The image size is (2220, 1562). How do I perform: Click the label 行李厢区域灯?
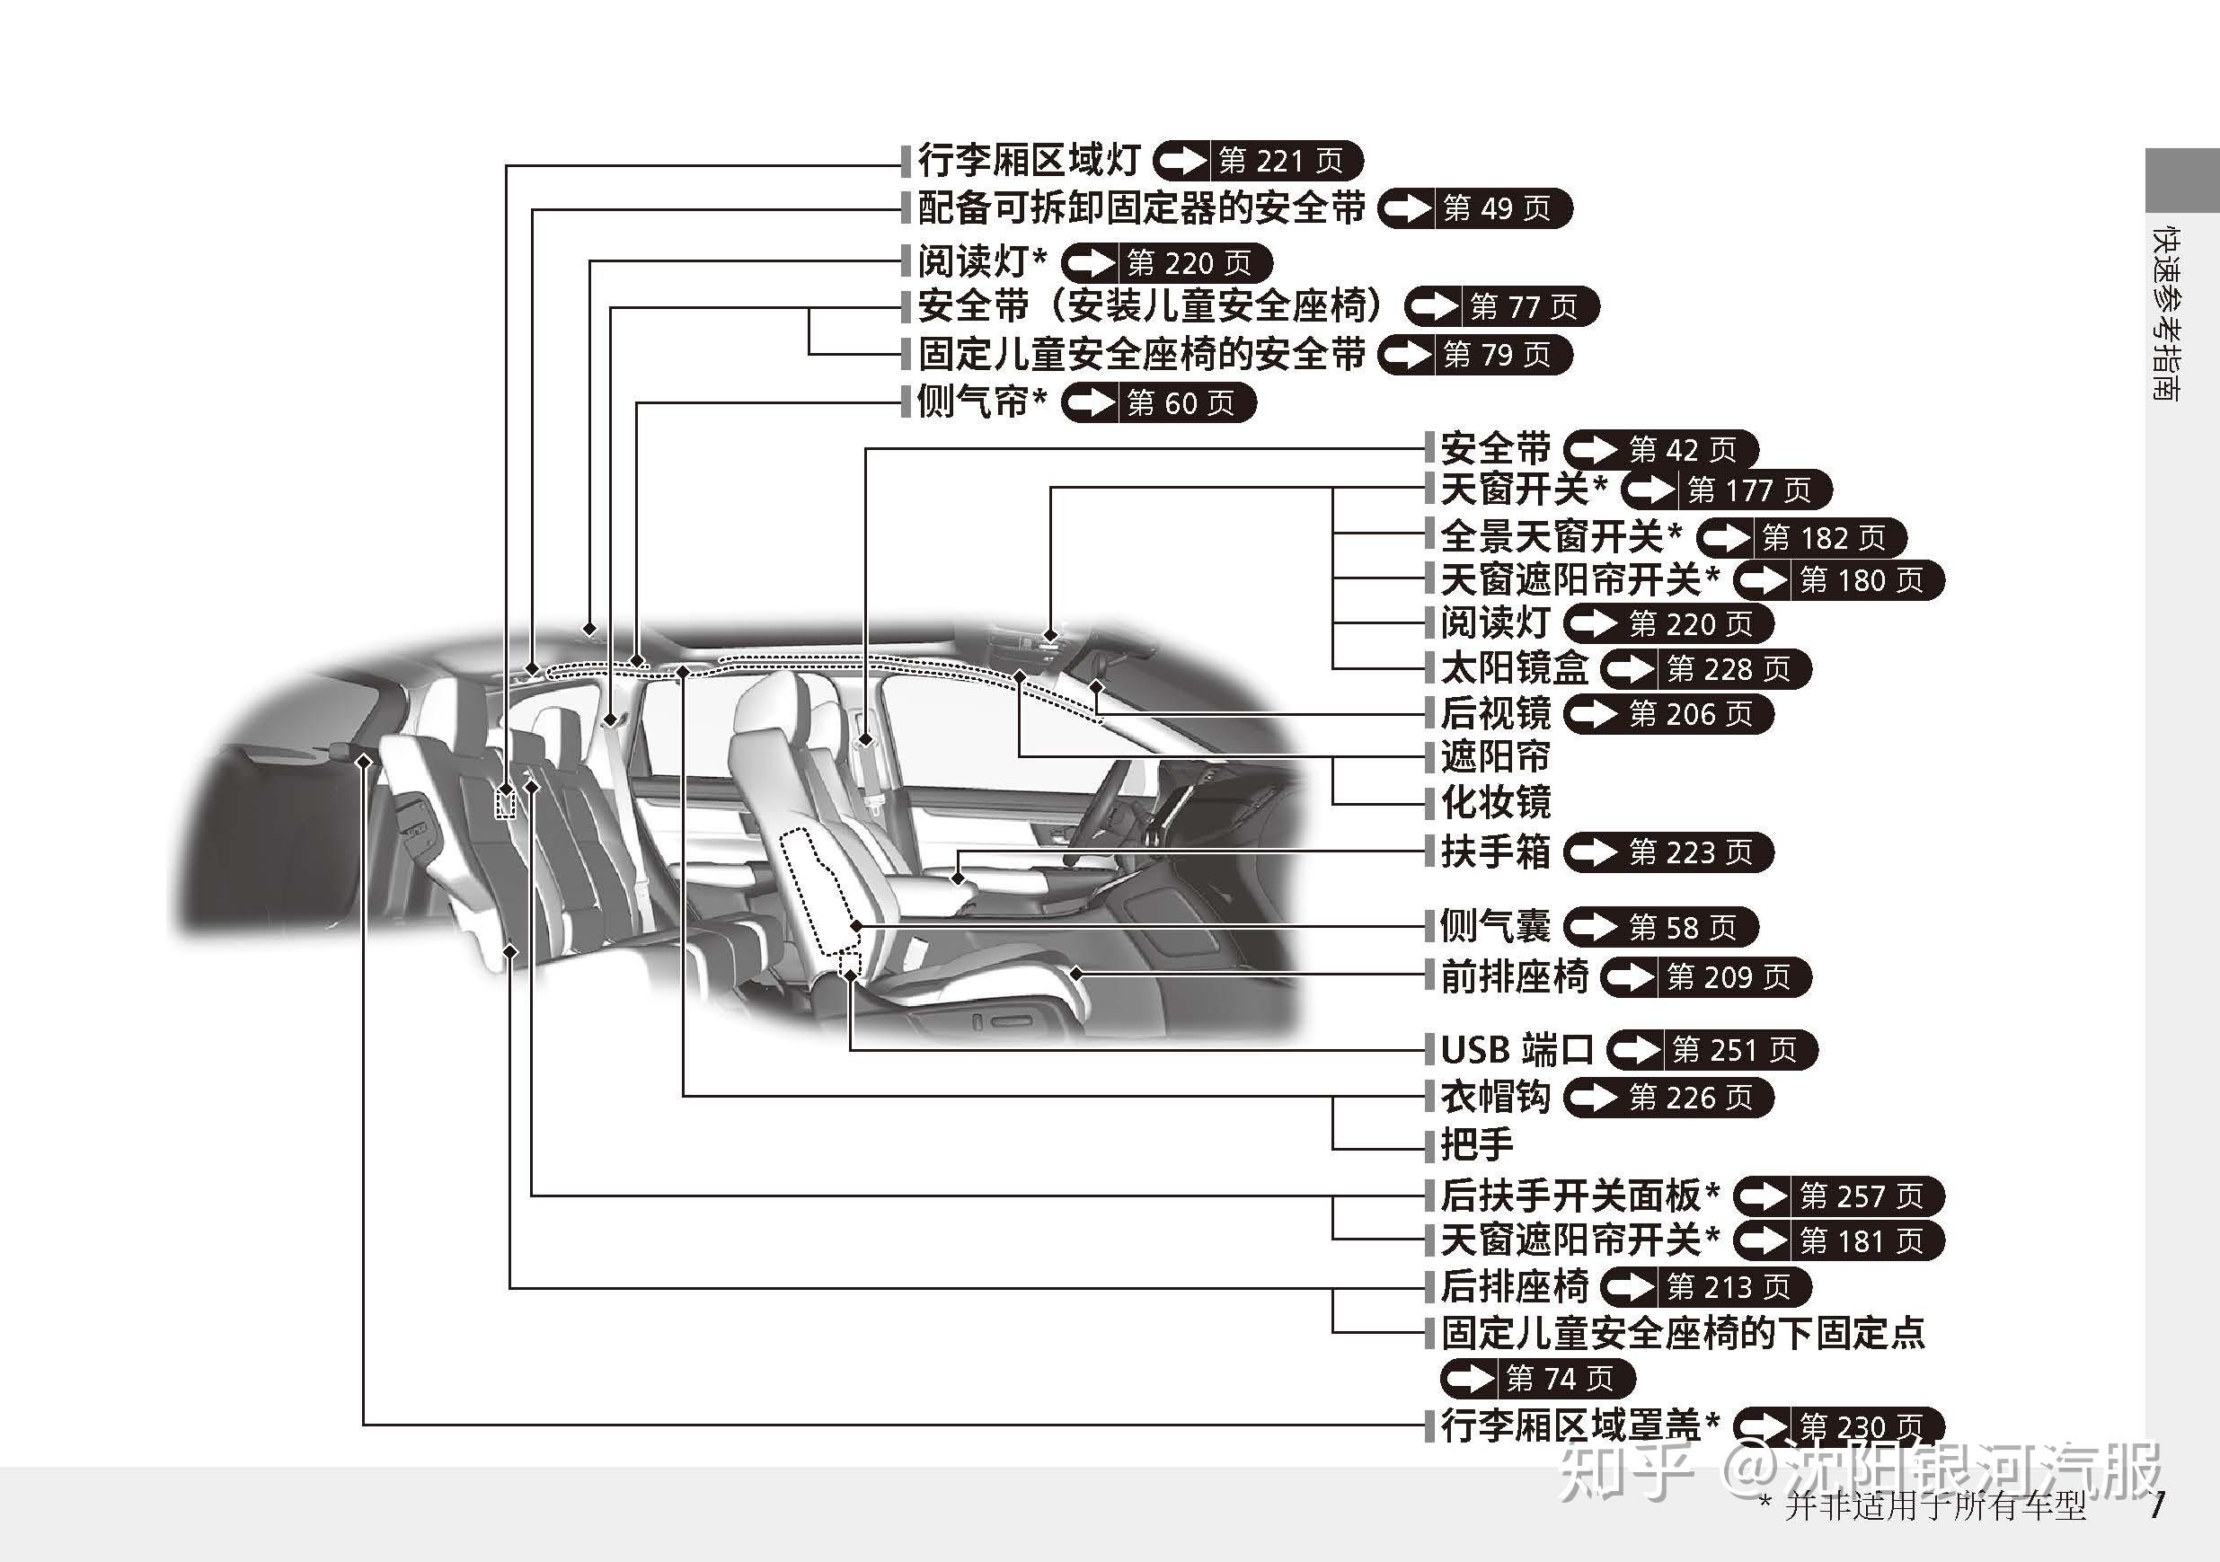click(x=1029, y=161)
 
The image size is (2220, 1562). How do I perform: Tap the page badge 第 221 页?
click(x=1259, y=162)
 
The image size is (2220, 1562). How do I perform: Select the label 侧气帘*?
click(x=980, y=402)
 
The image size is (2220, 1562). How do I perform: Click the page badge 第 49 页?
click(x=1475, y=208)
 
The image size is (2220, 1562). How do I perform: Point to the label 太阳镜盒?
click(x=1514, y=669)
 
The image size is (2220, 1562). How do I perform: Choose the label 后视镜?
click(x=1495, y=714)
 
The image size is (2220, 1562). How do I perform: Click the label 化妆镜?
click(x=1495, y=802)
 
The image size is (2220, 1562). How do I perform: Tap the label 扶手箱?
click(x=1495, y=852)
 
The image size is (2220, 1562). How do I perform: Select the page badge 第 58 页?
click(x=1660, y=928)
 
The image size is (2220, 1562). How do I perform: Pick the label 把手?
click(x=1476, y=1145)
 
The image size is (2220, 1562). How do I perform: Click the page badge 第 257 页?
click(x=1838, y=1196)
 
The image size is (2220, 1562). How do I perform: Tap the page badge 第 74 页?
click(x=1537, y=1379)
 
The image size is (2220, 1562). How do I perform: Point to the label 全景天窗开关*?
click(x=1561, y=536)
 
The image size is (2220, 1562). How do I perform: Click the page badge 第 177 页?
click(x=1727, y=491)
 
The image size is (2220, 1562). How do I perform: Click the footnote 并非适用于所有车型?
click(x=1933, y=1507)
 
